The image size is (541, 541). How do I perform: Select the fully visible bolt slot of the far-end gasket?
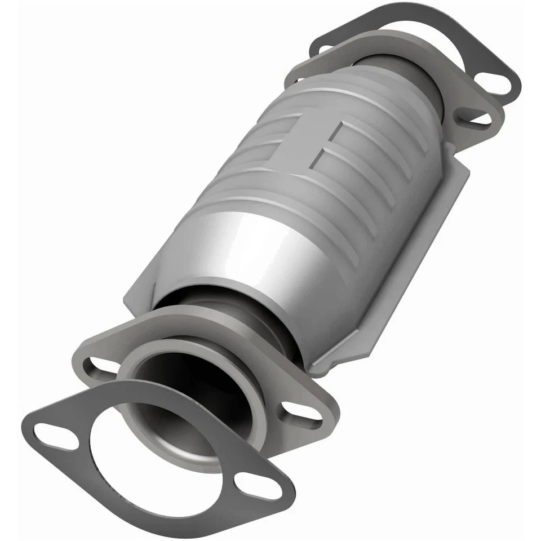[496, 85]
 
